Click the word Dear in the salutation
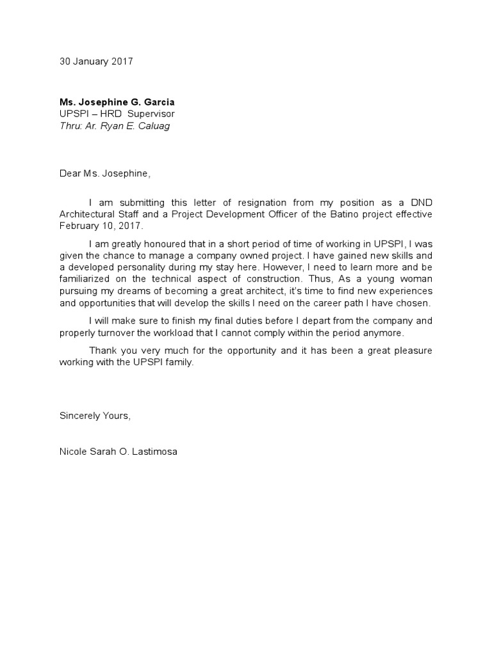70,173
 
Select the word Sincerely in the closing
81,415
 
